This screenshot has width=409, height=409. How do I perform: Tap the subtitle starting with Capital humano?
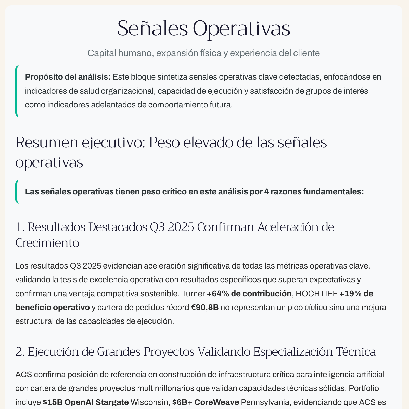pos(203,53)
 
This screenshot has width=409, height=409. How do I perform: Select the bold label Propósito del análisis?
pos(68,77)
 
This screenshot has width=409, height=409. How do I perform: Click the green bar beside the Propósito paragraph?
pos(17,91)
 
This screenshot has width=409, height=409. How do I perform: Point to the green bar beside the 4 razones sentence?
pos(17,191)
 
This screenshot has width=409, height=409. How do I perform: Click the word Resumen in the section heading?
pos(47,143)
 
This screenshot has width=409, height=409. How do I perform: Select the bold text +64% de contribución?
pos(249,294)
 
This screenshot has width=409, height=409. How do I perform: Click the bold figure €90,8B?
pos(205,308)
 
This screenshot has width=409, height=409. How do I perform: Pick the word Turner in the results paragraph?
pos(193,294)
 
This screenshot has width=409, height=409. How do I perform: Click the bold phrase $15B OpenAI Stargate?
pos(86,402)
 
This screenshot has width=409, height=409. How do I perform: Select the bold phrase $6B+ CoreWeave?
pos(206,402)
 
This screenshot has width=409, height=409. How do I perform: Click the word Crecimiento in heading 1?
pos(47,243)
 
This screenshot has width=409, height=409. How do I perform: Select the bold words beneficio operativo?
pos(53,308)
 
